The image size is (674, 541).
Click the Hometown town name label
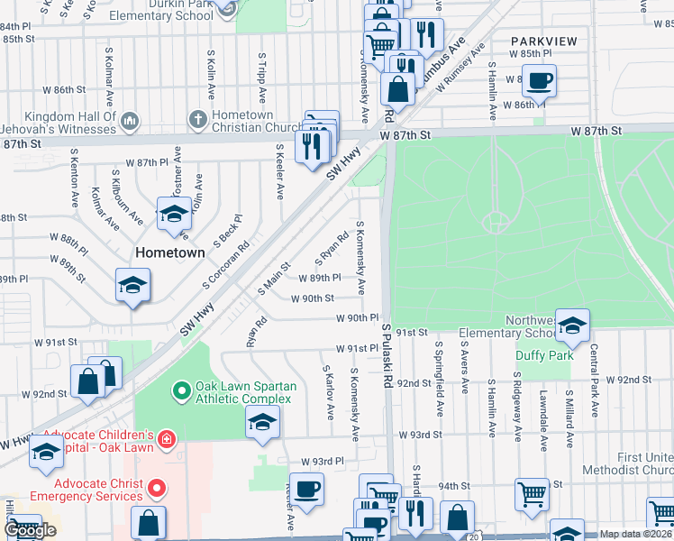[170, 252]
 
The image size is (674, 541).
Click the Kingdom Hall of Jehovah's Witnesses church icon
[129, 121]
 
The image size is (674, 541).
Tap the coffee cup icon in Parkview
[539, 80]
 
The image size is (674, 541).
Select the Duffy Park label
[544, 355]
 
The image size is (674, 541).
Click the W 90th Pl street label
[357, 318]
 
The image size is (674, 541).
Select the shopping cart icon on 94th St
[533, 494]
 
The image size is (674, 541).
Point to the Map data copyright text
[636, 534]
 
